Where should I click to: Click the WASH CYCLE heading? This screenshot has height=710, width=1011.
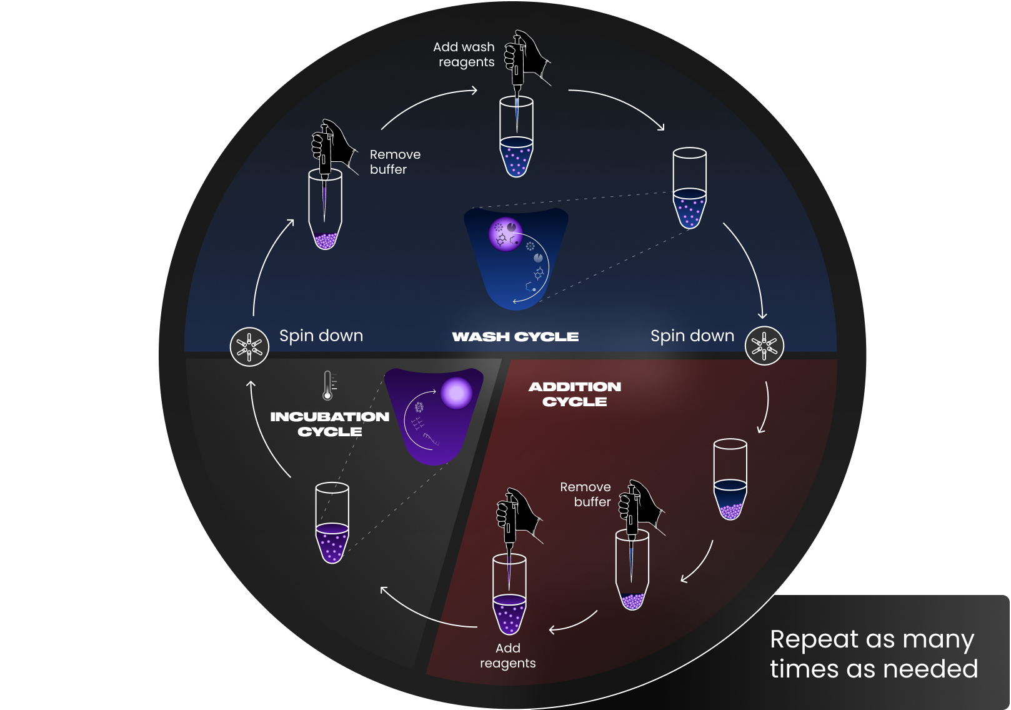click(515, 337)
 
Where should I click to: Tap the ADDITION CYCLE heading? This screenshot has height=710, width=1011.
click(575, 394)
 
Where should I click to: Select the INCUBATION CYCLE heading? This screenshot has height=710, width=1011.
click(329, 424)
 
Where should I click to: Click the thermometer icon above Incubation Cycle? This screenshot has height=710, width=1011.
click(327, 385)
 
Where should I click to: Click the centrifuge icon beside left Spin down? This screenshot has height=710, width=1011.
click(249, 346)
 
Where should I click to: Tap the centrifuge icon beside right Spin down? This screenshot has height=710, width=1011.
click(764, 345)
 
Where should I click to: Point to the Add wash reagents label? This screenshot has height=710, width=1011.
click(464, 54)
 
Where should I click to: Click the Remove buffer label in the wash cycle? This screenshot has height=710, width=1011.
click(395, 162)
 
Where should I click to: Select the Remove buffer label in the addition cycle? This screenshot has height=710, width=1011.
click(585, 494)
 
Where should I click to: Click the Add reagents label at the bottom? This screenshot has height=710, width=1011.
click(507, 656)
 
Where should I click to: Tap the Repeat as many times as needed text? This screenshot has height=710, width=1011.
click(873, 654)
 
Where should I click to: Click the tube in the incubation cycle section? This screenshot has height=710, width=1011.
click(332, 523)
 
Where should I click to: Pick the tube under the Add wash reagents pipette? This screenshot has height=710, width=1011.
click(516, 137)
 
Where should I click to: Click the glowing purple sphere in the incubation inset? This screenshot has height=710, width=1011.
click(457, 392)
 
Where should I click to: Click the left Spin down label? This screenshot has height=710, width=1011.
click(321, 336)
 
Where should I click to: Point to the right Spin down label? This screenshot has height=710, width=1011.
click(692, 336)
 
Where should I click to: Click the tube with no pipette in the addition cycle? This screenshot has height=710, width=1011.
click(730, 479)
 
